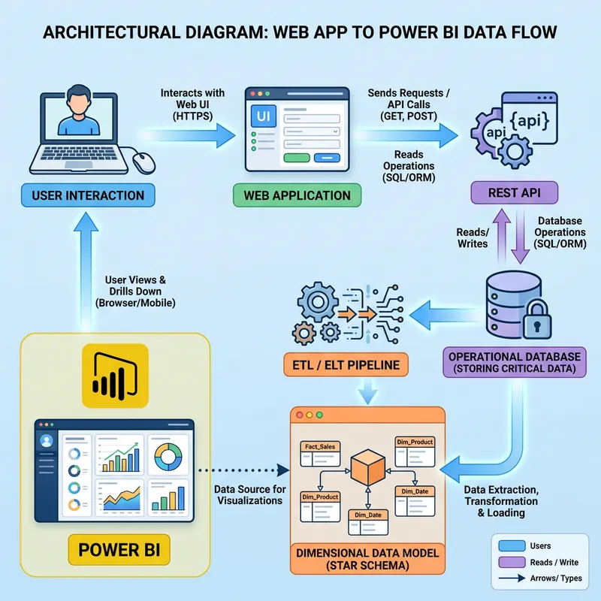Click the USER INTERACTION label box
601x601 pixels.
88,195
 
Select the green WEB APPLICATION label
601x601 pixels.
297,195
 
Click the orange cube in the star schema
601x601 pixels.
369,467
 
